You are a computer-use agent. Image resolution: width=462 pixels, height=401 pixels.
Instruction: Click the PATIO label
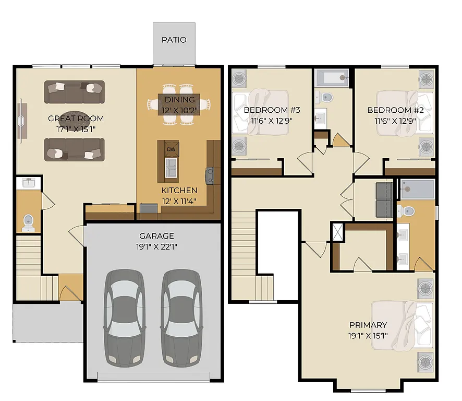pyautogui.click(x=174, y=40)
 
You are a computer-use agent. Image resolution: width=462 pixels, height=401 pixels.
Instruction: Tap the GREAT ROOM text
pyautogui.click(x=76, y=119)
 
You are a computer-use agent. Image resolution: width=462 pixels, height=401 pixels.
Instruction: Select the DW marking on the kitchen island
pyautogui.click(x=171, y=149)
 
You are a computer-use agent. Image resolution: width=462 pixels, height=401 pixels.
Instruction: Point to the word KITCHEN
pyautogui.click(x=179, y=191)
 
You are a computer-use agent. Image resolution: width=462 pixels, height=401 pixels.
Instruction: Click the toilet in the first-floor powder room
pyautogui.click(x=28, y=222)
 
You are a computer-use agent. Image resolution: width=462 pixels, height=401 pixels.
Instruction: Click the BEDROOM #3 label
pyautogui.click(x=265, y=110)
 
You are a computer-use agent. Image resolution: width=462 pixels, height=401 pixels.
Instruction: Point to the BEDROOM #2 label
pyautogui.click(x=389, y=110)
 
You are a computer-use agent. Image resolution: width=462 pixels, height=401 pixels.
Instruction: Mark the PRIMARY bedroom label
pyautogui.click(x=368, y=325)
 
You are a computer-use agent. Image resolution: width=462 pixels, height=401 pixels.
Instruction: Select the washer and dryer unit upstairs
pyautogui.click(x=385, y=199)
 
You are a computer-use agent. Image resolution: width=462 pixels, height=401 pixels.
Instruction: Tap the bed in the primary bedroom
pyautogui.click(x=402, y=324)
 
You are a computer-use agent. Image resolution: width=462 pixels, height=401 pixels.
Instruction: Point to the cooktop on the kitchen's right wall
pyautogui.click(x=210, y=175)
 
